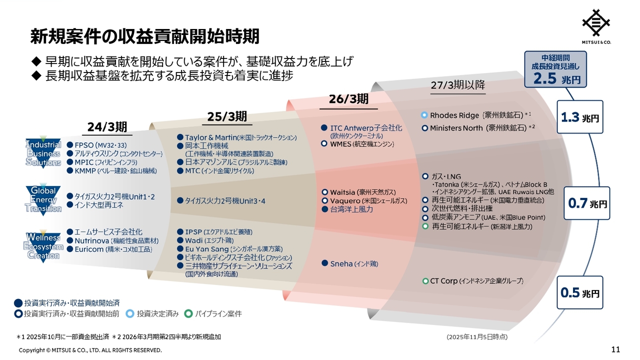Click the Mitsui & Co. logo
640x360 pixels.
click(x=596, y=26)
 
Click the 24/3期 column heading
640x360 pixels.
click(x=107, y=127)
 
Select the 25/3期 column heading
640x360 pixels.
click(x=227, y=116)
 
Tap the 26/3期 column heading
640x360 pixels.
click(x=348, y=99)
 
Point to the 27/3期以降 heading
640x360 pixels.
click(x=458, y=85)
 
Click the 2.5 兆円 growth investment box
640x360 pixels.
click(x=555, y=69)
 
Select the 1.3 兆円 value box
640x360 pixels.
click(x=580, y=117)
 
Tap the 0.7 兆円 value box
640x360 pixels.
click(x=587, y=203)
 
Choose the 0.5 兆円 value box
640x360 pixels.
click(x=580, y=292)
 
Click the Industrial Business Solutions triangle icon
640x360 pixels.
click(x=43, y=152)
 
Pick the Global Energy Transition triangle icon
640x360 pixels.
click(x=43, y=199)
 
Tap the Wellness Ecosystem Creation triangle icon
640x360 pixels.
click(x=43, y=246)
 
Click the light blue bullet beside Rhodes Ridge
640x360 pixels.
click(x=424, y=115)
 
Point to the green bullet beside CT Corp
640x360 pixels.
click(x=425, y=281)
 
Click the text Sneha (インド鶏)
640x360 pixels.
click(x=354, y=263)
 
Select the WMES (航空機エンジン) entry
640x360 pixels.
click(x=362, y=144)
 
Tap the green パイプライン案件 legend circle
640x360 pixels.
click(x=188, y=313)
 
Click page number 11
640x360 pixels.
click(x=615, y=349)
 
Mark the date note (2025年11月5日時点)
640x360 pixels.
click(x=477, y=337)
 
